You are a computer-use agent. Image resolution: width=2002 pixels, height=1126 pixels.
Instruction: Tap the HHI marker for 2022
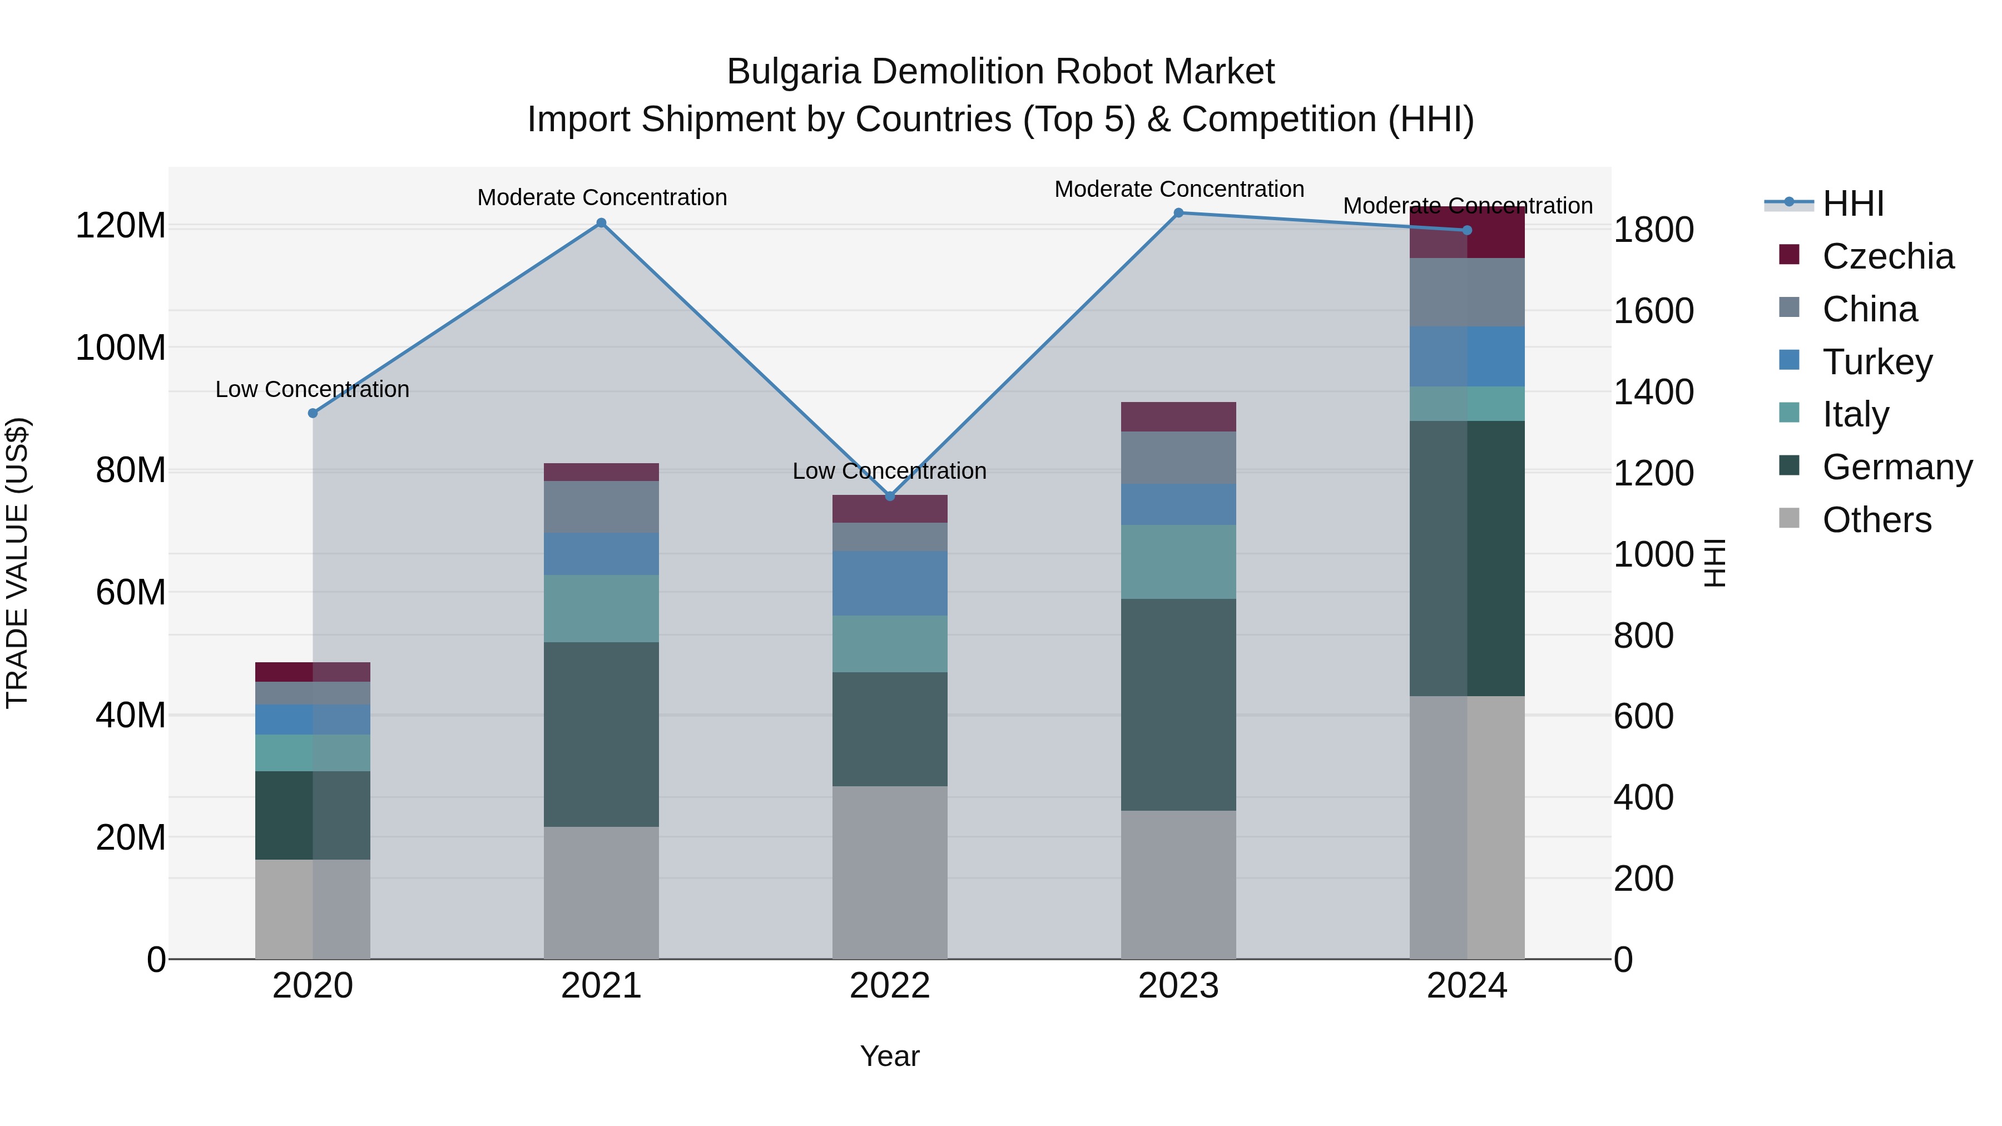[890, 496]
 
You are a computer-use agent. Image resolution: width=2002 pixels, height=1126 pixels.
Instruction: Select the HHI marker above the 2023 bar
[1178, 213]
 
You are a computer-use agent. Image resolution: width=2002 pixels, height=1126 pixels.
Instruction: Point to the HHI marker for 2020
[313, 413]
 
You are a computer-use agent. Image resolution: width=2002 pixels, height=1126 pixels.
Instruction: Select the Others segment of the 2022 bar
[890, 872]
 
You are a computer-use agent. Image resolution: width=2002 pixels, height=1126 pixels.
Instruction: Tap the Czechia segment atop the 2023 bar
[1178, 416]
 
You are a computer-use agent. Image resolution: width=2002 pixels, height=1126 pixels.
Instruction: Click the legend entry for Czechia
[1887, 256]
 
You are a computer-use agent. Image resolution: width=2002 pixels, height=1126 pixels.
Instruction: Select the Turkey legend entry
[1876, 362]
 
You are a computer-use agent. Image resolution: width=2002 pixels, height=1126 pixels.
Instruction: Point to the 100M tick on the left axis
[121, 348]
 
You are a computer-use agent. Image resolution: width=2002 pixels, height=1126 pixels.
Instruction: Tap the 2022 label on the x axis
[890, 986]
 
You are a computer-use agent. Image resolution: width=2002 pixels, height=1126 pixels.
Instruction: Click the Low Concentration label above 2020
[313, 389]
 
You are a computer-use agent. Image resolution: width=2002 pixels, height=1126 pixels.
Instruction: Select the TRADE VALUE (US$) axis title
[17, 563]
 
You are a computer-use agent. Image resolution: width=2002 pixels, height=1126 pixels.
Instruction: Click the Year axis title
[890, 1056]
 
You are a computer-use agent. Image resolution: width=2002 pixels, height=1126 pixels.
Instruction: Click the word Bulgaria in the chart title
[794, 72]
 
